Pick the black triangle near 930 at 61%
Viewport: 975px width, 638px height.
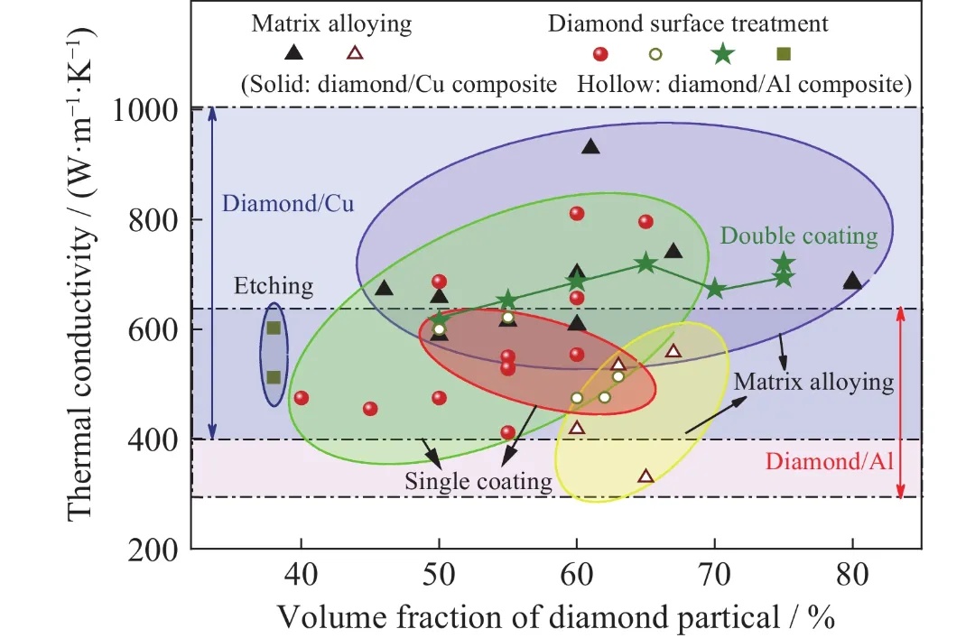[590, 146]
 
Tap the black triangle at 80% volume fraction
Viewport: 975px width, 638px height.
[852, 281]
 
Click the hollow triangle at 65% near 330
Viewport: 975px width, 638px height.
[645, 476]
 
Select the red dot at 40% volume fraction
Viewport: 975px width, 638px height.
[302, 398]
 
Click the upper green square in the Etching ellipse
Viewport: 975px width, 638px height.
[274, 328]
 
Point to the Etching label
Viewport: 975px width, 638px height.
[274, 287]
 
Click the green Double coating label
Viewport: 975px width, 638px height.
[799, 236]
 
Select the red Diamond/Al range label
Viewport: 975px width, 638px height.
[829, 462]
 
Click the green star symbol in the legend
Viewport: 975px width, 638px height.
[722, 54]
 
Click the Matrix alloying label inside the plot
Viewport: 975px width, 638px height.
[813, 382]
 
